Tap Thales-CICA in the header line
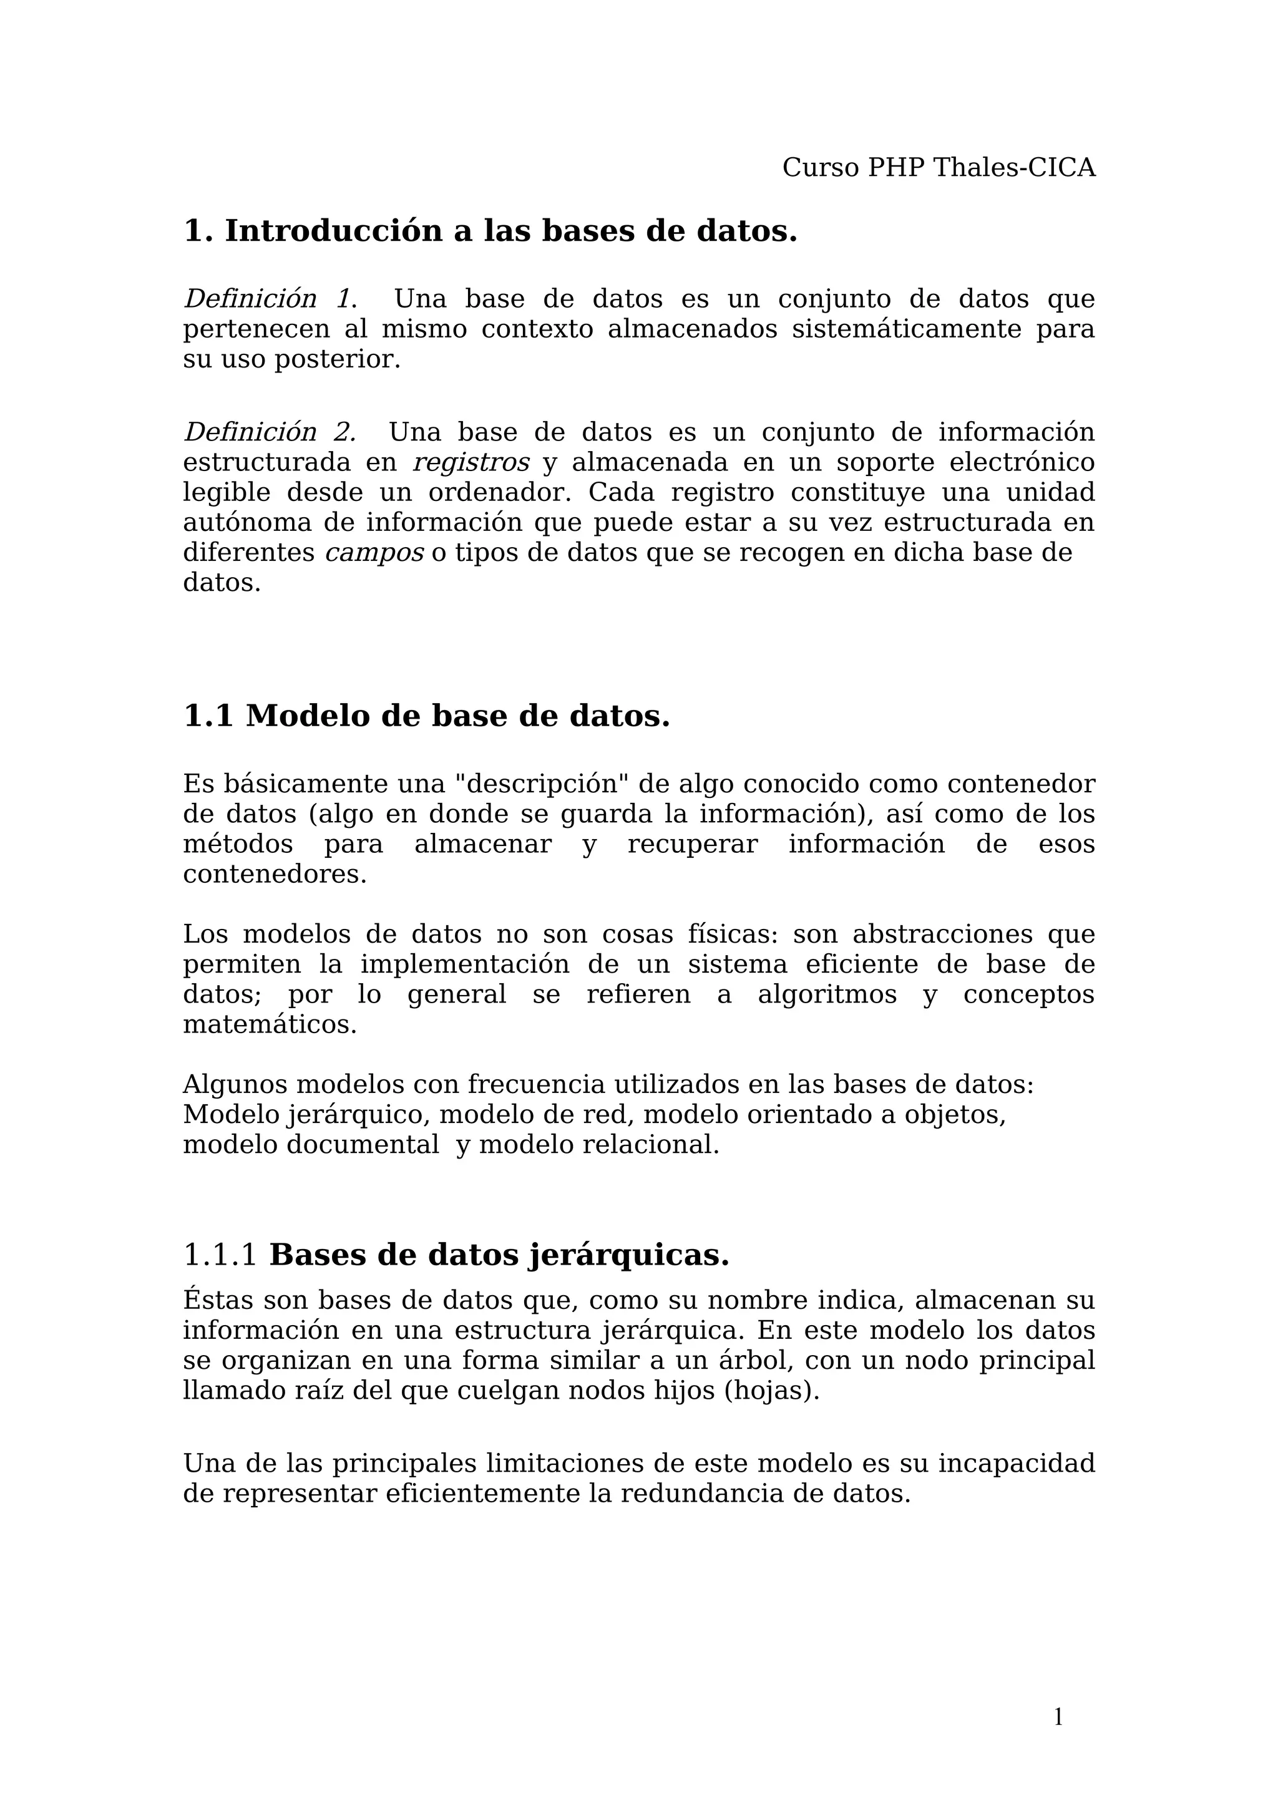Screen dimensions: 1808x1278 (1014, 168)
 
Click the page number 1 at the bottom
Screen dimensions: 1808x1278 (1058, 1717)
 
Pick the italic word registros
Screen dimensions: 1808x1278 (471, 462)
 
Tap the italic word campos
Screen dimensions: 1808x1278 (374, 553)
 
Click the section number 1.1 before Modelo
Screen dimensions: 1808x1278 (208, 717)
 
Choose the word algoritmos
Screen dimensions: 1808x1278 (827, 994)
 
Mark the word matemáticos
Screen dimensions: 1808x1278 (270, 1025)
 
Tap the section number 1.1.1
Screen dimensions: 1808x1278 (220, 1256)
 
